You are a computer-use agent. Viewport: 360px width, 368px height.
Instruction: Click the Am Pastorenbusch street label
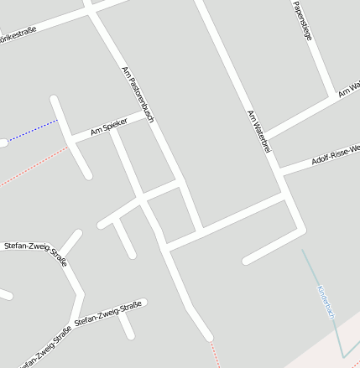coord(138,95)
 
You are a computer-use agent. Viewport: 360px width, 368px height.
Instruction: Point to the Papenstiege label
coord(303,20)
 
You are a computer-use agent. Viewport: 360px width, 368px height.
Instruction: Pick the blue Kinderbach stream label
coord(326,303)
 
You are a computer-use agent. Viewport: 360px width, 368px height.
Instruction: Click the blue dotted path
coord(34,131)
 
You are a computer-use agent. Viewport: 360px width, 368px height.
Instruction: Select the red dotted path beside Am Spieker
coord(34,168)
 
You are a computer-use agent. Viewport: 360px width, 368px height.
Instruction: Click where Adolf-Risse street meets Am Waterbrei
coord(280,171)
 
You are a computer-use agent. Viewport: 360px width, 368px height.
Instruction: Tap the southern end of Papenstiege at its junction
coord(330,96)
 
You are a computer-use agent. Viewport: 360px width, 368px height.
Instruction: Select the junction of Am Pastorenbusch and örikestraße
coord(91,10)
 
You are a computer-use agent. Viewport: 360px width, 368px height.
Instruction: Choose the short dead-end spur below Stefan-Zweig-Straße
coord(128,325)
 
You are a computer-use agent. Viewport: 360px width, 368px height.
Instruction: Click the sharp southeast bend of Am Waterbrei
coord(301,229)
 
